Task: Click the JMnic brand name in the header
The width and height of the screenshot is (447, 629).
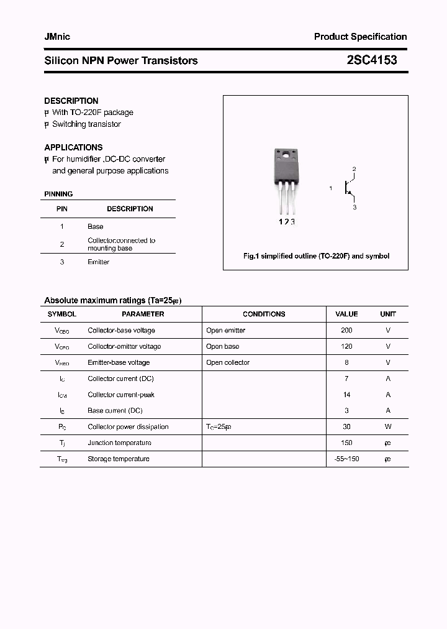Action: coord(57,37)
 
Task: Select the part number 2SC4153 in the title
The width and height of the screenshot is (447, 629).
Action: coord(371,60)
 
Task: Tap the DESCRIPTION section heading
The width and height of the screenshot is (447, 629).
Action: coord(71,101)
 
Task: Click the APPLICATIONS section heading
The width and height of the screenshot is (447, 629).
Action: coord(73,147)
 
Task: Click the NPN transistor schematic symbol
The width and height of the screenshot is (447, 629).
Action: coord(349,187)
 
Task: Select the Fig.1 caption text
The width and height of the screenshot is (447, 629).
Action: coord(315,256)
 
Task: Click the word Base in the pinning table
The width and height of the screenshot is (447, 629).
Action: coord(96,227)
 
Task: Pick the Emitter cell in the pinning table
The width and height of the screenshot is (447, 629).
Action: coord(98,262)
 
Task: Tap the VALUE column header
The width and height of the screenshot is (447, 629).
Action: coord(346,314)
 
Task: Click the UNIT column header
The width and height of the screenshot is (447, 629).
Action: coord(388,314)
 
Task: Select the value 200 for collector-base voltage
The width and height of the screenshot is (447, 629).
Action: coord(346,331)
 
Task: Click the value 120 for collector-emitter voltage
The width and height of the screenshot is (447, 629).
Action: coord(346,347)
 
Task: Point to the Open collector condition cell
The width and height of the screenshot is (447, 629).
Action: coord(228,363)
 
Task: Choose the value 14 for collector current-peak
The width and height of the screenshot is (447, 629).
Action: coord(346,395)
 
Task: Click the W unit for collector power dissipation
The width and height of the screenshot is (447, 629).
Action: coord(388,427)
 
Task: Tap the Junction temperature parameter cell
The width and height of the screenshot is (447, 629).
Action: coord(119,443)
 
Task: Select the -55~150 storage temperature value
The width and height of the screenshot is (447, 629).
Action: coord(346,459)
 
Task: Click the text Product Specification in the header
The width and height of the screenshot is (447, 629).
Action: coord(360,37)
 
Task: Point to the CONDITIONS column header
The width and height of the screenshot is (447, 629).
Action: coord(264,314)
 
